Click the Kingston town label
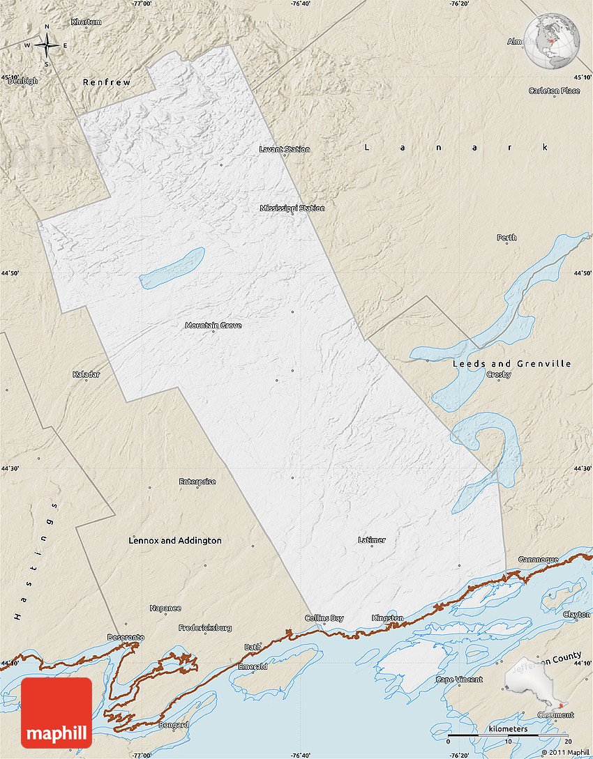[387, 618]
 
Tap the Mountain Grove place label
[213, 325]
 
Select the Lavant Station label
[285, 149]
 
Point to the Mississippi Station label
[292, 208]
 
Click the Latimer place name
[371, 540]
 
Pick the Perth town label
[506, 238]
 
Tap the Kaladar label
[87, 374]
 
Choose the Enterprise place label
[197, 482]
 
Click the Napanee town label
[165, 608]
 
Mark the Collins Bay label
[324, 618]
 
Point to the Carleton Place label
[554, 91]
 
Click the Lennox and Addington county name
[175, 541]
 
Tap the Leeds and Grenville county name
[511, 364]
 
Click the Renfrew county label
[107, 82]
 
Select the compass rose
[47, 45]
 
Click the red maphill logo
[57, 712]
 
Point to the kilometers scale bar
[508, 735]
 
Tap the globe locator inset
[553, 43]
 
